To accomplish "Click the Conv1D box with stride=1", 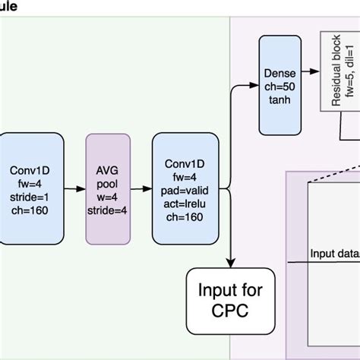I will [30, 188].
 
